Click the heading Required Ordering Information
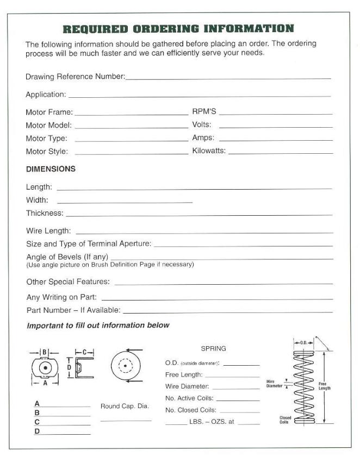tap(178, 29)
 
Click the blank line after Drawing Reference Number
tap(228, 78)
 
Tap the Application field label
tap(46, 95)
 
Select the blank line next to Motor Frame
tap(131, 114)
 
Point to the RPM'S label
tap(204, 112)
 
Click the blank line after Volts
tap(276, 127)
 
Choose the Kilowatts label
tap(208, 151)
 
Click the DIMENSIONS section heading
tap(51, 169)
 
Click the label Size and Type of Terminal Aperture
tap(89, 244)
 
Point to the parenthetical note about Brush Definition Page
tap(110, 265)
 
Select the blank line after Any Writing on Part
tap(217, 299)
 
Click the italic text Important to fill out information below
tap(98, 325)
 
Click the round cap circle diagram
tap(125, 365)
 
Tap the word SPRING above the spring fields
tap(213, 348)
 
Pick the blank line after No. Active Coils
tap(238, 400)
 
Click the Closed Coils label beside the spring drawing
tap(284, 420)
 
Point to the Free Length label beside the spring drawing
tap(324, 386)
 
